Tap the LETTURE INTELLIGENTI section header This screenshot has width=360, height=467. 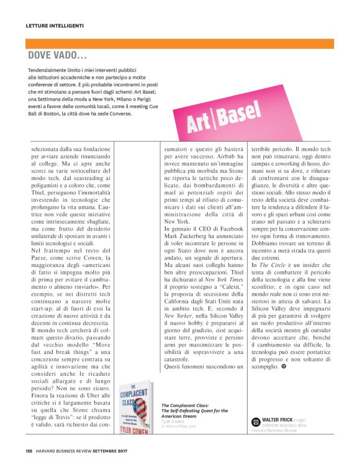[x=55, y=26]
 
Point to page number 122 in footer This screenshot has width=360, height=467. [x=29, y=451]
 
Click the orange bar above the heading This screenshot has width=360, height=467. [x=180, y=43]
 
